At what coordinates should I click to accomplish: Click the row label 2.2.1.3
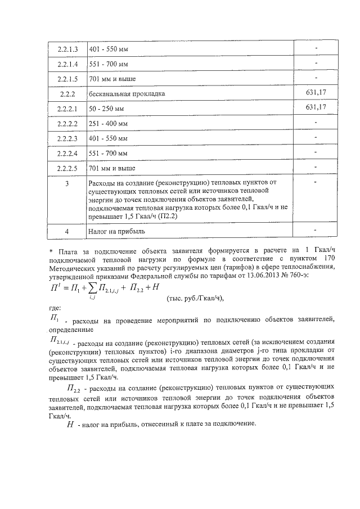pyautogui.click(x=67, y=49)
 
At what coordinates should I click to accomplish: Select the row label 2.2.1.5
pyautogui.click(x=67, y=79)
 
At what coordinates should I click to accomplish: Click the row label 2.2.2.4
pyautogui.click(x=67, y=153)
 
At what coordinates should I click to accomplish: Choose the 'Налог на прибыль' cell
pyautogui.click(x=116, y=231)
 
